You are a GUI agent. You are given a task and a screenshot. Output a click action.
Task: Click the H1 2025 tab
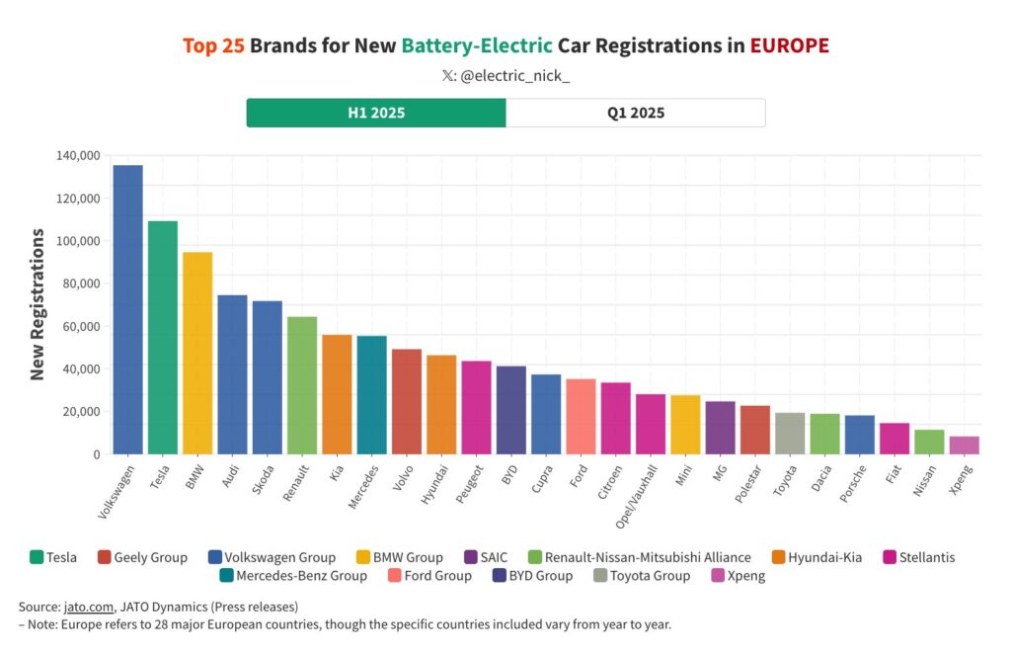coord(376,113)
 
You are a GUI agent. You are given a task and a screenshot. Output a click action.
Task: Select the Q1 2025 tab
coord(636,113)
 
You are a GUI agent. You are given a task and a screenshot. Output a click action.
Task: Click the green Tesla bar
coord(163,337)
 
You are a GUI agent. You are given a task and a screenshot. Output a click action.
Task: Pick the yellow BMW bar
coord(197,353)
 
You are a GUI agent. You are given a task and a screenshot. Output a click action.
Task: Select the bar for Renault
coord(302,385)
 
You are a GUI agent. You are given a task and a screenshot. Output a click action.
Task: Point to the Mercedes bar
coord(371,395)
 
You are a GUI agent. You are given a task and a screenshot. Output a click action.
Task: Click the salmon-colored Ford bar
coord(581,416)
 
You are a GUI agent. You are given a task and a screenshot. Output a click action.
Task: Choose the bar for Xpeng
coord(965,445)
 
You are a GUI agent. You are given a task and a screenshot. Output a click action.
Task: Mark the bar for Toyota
coord(790,433)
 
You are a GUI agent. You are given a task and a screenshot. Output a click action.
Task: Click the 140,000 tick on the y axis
coord(79,156)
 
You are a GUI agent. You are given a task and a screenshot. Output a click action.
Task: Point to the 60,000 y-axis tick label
coord(82,327)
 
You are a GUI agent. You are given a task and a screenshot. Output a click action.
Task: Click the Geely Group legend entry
coord(151,557)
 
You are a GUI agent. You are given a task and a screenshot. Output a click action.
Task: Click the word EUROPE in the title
coord(789,45)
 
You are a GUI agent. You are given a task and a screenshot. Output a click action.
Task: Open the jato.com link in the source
coord(85,607)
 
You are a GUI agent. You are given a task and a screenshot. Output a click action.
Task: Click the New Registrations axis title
coord(38,304)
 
